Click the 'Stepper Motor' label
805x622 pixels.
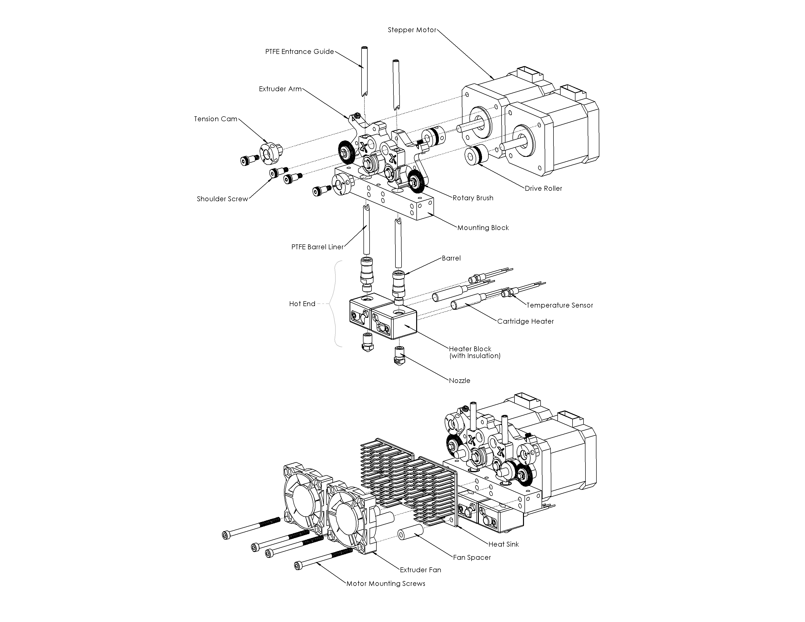tap(412, 30)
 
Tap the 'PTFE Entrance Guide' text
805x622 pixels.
tap(299, 51)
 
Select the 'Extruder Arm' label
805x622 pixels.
tap(280, 89)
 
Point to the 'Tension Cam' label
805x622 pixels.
tap(216, 119)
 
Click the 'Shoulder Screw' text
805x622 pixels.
tap(222, 199)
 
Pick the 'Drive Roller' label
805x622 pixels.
tap(543, 188)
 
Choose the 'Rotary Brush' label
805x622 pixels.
tap(473, 198)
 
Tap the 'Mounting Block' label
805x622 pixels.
tap(483, 228)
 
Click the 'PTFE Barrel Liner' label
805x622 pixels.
tap(317, 247)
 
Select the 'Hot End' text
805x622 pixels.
tap(302, 304)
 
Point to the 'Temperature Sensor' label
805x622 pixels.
tap(560, 305)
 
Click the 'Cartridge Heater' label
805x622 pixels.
tap(525, 321)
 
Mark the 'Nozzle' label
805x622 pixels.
tap(459, 381)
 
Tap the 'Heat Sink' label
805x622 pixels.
tap(503, 544)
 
